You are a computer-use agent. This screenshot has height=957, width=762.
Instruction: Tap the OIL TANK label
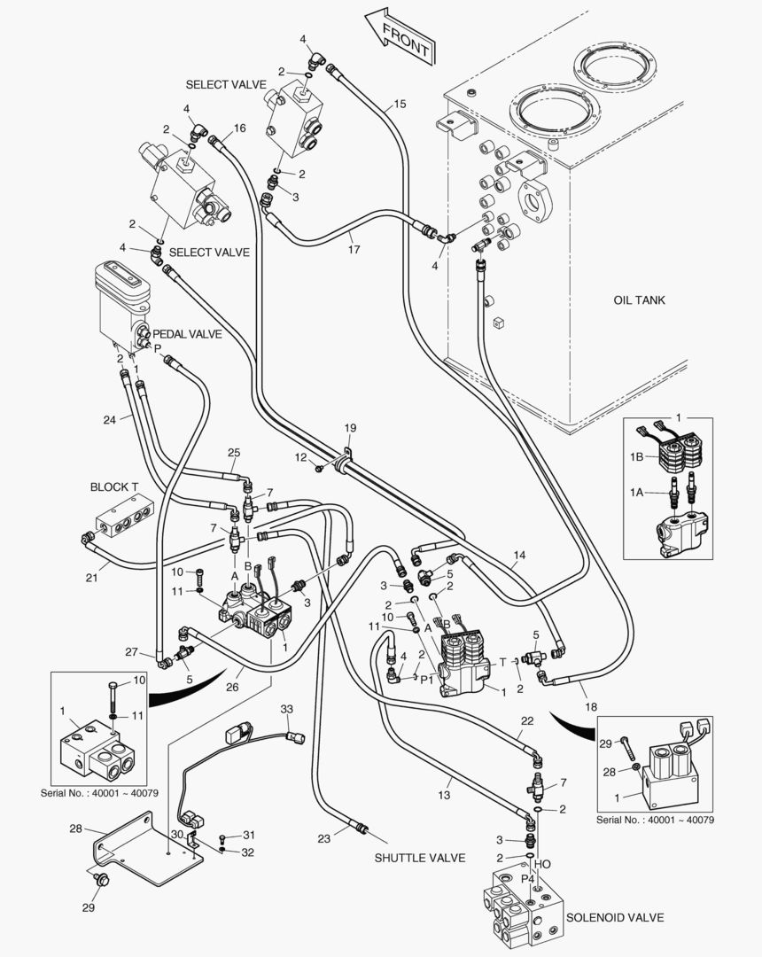click(640, 300)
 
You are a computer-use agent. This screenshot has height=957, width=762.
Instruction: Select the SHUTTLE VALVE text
click(420, 858)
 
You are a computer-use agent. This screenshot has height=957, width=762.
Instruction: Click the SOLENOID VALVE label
click(615, 917)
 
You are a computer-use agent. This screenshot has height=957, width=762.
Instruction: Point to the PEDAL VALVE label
click(187, 334)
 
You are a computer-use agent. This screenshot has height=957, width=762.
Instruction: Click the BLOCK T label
click(114, 486)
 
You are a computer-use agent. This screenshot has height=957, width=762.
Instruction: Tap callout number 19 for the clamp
click(350, 428)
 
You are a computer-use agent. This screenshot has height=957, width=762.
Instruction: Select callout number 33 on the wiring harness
click(287, 709)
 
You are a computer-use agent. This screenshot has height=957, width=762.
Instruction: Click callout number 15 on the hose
click(399, 104)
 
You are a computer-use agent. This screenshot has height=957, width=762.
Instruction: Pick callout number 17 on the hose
click(354, 249)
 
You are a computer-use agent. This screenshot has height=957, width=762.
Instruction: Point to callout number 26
click(232, 687)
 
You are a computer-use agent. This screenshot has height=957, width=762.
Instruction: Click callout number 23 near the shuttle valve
click(323, 838)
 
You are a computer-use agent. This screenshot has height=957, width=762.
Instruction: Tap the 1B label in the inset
click(636, 456)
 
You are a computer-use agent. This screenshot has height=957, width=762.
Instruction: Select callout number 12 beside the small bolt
click(301, 457)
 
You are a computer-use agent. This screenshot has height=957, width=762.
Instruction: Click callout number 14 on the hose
click(519, 555)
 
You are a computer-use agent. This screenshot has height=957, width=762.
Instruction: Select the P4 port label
click(527, 877)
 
